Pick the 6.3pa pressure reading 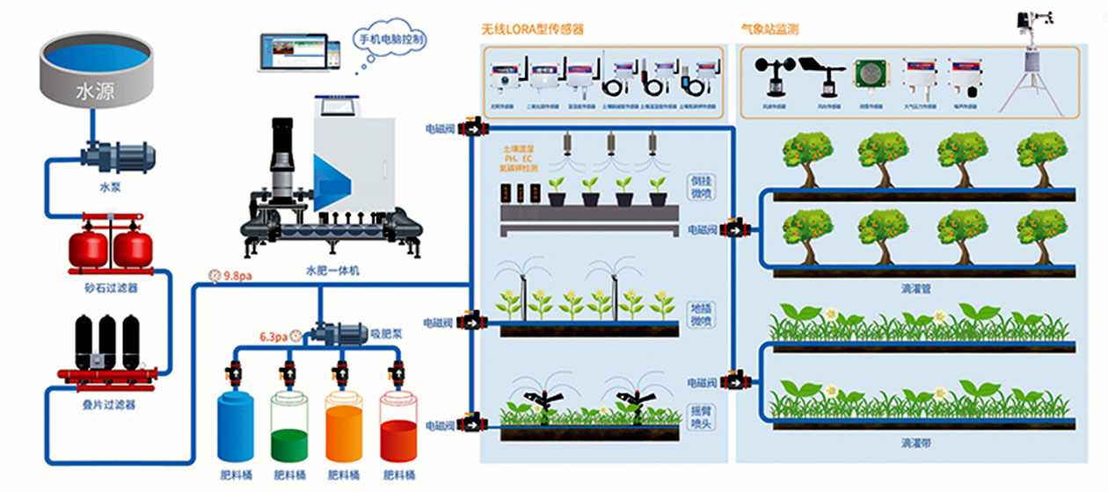pyautogui.click(x=273, y=336)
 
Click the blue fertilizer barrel pyautogui.click(x=236, y=430)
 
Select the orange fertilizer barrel pyautogui.click(x=345, y=430)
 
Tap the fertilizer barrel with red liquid pyautogui.click(x=399, y=430)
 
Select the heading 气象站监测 pyautogui.click(x=769, y=29)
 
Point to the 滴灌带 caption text pyautogui.click(x=916, y=444)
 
